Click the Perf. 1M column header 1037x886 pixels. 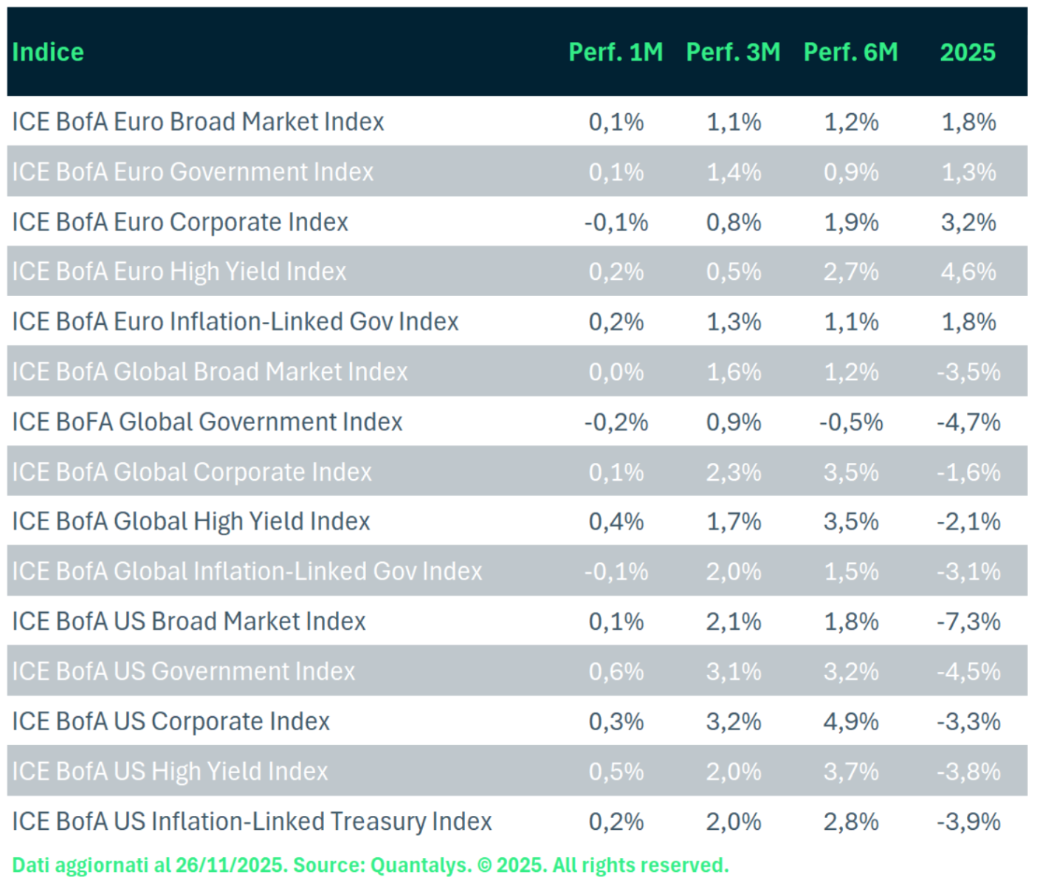click(616, 52)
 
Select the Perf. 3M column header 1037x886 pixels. click(733, 52)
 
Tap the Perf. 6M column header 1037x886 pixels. click(850, 52)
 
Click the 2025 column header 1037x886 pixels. click(968, 52)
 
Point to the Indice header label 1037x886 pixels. click(48, 52)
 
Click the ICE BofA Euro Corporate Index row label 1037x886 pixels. click(180, 222)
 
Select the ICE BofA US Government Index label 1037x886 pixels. click(184, 671)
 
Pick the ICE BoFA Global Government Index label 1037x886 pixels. click(207, 422)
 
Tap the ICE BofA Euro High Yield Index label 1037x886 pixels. click(179, 272)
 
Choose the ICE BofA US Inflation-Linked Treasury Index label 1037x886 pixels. click(252, 821)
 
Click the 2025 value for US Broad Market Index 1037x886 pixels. click(968, 622)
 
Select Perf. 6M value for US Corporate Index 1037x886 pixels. click(851, 721)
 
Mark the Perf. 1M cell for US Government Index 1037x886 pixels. click(616, 671)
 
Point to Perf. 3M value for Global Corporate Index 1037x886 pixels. click(734, 472)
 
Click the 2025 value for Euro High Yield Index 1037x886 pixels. click(968, 272)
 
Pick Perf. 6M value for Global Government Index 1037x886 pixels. click(851, 422)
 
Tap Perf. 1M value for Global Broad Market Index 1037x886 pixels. click(616, 372)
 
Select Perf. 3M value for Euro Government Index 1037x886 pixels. click(734, 172)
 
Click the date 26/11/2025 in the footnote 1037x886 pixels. click(231, 865)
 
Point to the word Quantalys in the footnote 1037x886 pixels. click(420, 865)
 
